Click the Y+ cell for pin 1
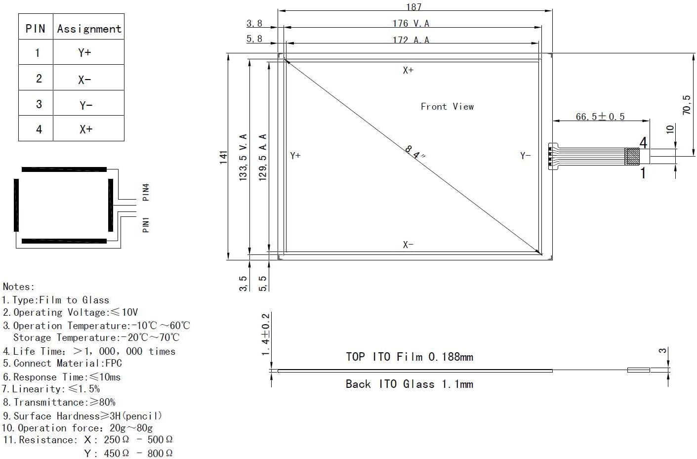point(84,52)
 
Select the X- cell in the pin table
point(84,79)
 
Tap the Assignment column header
point(89,29)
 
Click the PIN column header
point(35,29)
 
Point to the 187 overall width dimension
point(413,6)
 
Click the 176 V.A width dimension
point(411,23)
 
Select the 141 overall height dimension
point(224,157)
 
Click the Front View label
point(447,106)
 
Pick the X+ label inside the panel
point(408,70)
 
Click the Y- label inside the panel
point(525,156)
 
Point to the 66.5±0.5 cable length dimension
point(600,117)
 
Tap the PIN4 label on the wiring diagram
point(146,192)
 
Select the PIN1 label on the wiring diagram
point(146,224)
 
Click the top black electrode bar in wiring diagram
point(64,169)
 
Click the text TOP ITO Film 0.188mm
point(409,357)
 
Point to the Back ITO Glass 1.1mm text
point(409,384)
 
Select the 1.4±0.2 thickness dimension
point(266,334)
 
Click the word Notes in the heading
point(18,287)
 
